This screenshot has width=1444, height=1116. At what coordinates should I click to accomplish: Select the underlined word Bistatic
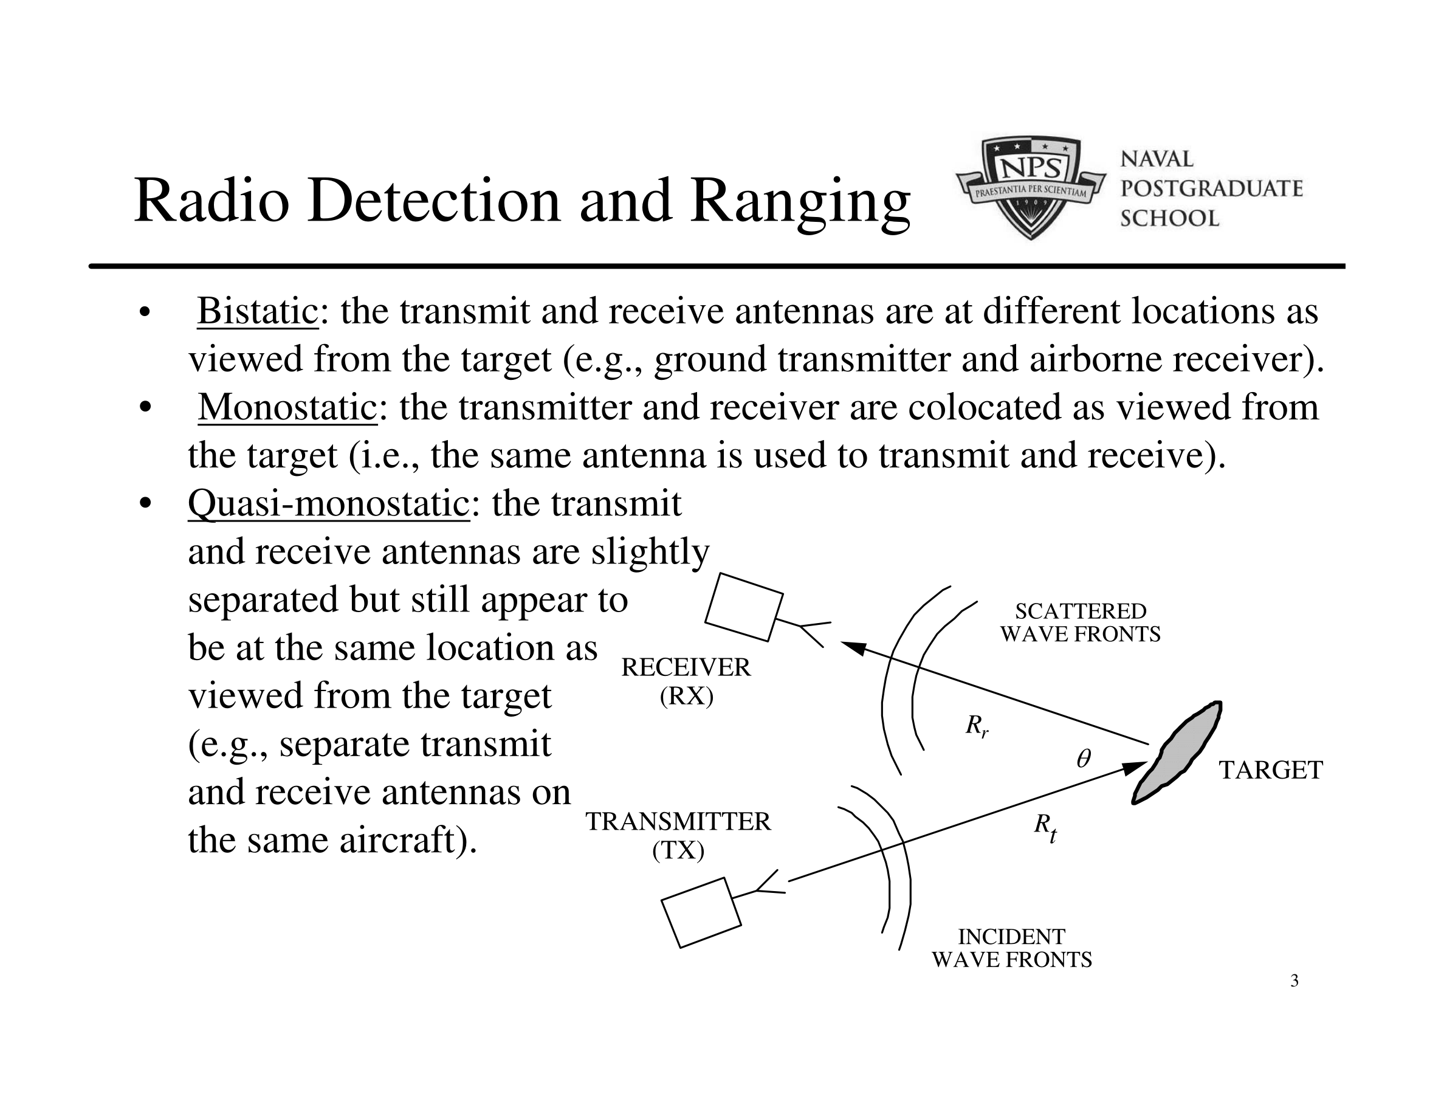tap(258, 311)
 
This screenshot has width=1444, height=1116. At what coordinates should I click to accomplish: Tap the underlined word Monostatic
tap(287, 407)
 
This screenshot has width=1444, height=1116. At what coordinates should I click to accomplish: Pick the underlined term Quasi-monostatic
tap(329, 504)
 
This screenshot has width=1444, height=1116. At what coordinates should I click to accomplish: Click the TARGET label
tap(1271, 770)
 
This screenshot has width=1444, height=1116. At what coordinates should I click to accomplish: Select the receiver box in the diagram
tap(744, 607)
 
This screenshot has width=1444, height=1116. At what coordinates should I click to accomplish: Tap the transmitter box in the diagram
tap(701, 912)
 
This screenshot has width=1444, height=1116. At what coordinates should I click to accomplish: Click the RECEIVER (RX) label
tap(686, 681)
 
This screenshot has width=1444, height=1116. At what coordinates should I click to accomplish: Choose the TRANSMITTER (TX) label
tap(678, 836)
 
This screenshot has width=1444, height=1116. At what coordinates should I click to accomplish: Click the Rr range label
tap(977, 726)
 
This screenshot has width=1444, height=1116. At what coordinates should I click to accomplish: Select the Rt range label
tap(1045, 827)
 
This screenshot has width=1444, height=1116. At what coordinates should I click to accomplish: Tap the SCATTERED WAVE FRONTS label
tap(1081, 622)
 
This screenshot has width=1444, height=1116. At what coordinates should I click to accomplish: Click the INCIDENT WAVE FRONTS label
tap(1012, 948)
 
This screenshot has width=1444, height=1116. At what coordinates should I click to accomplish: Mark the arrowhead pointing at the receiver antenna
tap(853, 648)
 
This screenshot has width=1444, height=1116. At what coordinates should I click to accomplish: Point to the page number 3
tap(1294, 980)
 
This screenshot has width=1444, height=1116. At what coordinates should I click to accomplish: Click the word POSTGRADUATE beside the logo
tap(1211, 188)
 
